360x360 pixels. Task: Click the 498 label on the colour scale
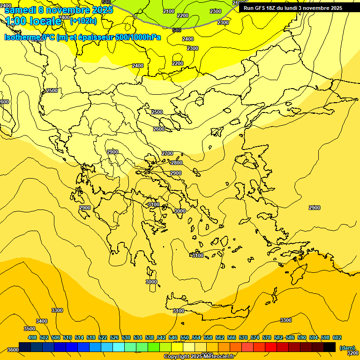pyautogui.click(x=32, y=337)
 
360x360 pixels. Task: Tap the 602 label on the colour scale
pyautogui.click(x=337, y=337)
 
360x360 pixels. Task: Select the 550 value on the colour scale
pyautogui.click(x=185, y=337)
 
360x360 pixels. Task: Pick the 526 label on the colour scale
pyautogui.click(x=114, y=337)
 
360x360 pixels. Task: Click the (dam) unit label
pyautogui.click(x=347, y=347)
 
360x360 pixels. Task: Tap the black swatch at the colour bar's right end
pyautogui.click(x=330, y=347)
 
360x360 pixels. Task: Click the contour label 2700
pyautogui.click(x=167, y=153)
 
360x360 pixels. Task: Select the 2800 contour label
pyautogui.click(x=177, y=163)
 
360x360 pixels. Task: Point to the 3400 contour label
pyautogui.click(x=42, y=321)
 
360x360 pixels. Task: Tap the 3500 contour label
pyautogui.click(x=29, y=329)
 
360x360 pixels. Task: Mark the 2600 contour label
pyautogui.click(x=159, y=129)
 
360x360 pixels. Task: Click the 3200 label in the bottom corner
pyautogui.click(x=353, y=353)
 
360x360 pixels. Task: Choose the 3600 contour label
pyautogui.click(x=13, y=350)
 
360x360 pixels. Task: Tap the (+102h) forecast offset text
pyautogui.click(x=83, y=21)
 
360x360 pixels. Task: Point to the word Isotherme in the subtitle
pyautogui.click(x=22, y=37)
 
